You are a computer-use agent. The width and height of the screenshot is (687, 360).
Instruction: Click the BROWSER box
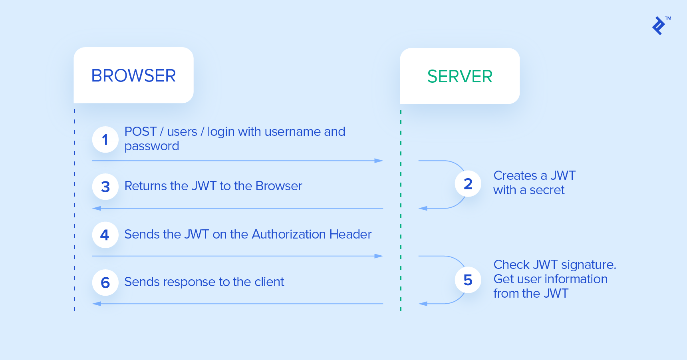pos(133,76)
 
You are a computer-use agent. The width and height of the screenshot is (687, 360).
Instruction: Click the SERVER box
pos(459,76)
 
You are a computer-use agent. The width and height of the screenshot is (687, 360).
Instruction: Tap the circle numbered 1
pos(105,139)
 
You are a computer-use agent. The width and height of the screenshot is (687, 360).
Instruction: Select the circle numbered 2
pos(468,184)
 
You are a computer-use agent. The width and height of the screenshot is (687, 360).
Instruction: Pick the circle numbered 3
pos(105,187)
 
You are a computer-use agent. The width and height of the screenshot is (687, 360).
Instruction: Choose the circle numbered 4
pos(105,235)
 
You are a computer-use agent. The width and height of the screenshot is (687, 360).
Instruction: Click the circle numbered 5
pos(468,280)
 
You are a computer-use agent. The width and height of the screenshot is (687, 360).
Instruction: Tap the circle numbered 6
pos(105,282)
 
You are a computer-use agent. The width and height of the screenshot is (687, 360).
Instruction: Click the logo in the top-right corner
pos(659,26)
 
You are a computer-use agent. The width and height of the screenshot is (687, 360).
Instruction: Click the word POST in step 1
pos(140,131)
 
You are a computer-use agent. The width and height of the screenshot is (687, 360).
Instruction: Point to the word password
pos(152,146)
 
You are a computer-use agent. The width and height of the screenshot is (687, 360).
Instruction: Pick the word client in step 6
pos(269,282)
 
